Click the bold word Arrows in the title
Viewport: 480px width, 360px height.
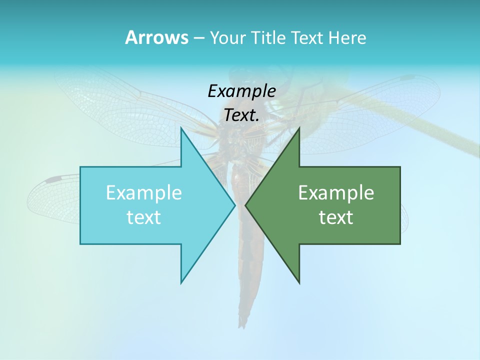click(x=156, y=37)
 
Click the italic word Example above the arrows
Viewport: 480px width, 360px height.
click(x=241, y=91)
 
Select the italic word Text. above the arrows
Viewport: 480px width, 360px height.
click(x=241, y=115)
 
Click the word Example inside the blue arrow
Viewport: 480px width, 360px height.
click(x=144, y=192)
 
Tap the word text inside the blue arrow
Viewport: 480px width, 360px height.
click(x=144, y=217)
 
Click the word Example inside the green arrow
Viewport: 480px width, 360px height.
click(x=336, y=192)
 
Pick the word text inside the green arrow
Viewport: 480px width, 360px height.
click(x=336, y=217)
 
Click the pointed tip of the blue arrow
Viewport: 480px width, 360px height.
click(x=235, y=205)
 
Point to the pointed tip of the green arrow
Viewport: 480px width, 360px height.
click(x=245, y=205)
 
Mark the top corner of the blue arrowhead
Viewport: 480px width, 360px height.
click(x=181, y=128)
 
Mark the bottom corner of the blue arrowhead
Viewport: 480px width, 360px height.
click(x=181, y=283)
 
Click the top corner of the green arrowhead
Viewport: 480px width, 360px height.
click(x=299, y=128)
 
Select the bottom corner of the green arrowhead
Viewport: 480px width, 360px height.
click(x=299, y=283)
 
